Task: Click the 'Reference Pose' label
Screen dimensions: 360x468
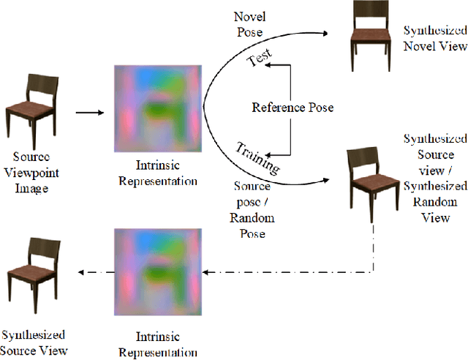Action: coord(292,108)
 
